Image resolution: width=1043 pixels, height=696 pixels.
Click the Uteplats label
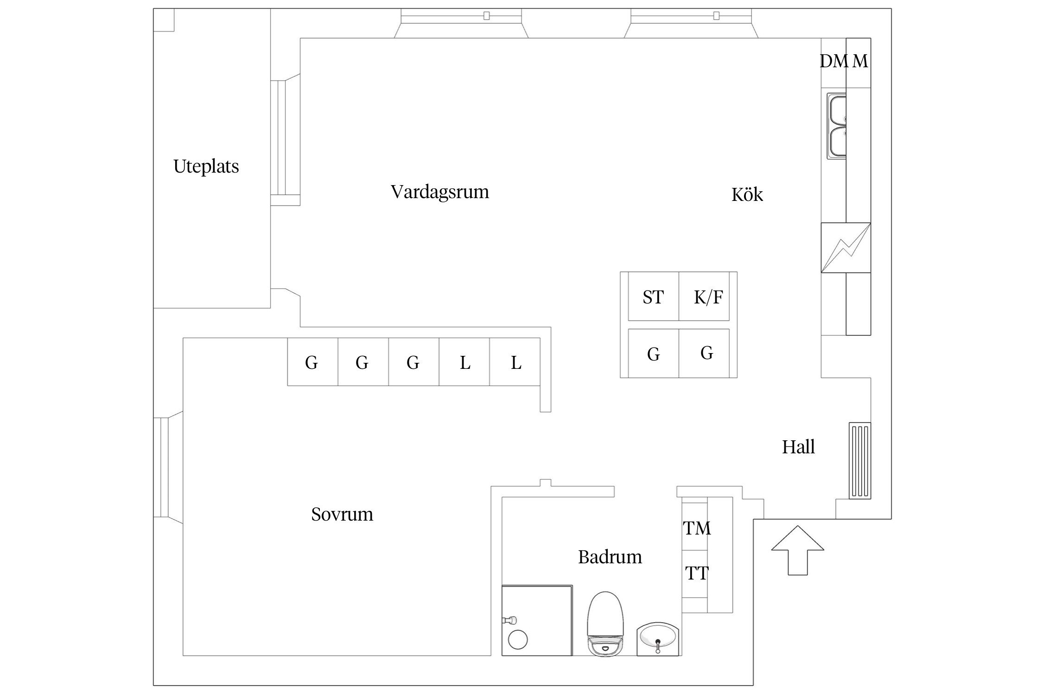(x=206, y=166)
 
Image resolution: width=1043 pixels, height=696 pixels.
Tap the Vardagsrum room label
(x=439, y=192)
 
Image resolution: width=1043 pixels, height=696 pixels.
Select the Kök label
(x=747, y=194)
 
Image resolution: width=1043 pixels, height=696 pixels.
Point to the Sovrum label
(x=342, y=514)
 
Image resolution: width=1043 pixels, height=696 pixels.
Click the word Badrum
(x=610, y=557)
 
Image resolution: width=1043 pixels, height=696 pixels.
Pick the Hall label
(x=798, y=447)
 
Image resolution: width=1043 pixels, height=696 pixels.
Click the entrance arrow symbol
(x=797, y=550)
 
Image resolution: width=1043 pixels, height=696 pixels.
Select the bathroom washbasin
(x=657, y=639)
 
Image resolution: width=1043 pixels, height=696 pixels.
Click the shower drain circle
(x=517, y=640)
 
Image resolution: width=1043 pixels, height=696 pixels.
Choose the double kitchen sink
(x=836, y=126)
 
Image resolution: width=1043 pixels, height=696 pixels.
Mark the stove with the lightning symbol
(x=846, y=248)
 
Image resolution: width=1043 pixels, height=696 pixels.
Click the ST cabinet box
(x=653, y=297)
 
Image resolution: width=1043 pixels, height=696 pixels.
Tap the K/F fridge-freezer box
(x=708, y=297)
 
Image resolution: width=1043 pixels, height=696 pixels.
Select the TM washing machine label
(x=696, y=528)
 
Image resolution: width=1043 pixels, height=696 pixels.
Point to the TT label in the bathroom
(x=696, y=574)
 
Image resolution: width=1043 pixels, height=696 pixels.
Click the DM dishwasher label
(x=833, y=61)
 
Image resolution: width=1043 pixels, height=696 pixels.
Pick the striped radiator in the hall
(x=859, y=461)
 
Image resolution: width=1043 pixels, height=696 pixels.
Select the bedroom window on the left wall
(x=161, y=467)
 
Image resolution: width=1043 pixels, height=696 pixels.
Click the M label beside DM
(x=860, y=61)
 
